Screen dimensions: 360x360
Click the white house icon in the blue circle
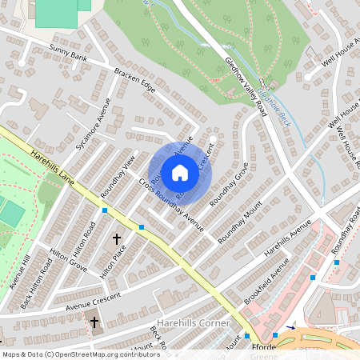[x=180, y=171]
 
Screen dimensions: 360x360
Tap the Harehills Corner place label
[x=194, y=322]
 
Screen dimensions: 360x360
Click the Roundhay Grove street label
[x=230, y=186]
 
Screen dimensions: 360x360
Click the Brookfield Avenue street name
[x=266, y=286]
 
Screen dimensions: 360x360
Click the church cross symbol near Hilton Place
[x=117, y=238]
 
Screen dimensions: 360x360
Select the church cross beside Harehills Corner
[x=94, y=322]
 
